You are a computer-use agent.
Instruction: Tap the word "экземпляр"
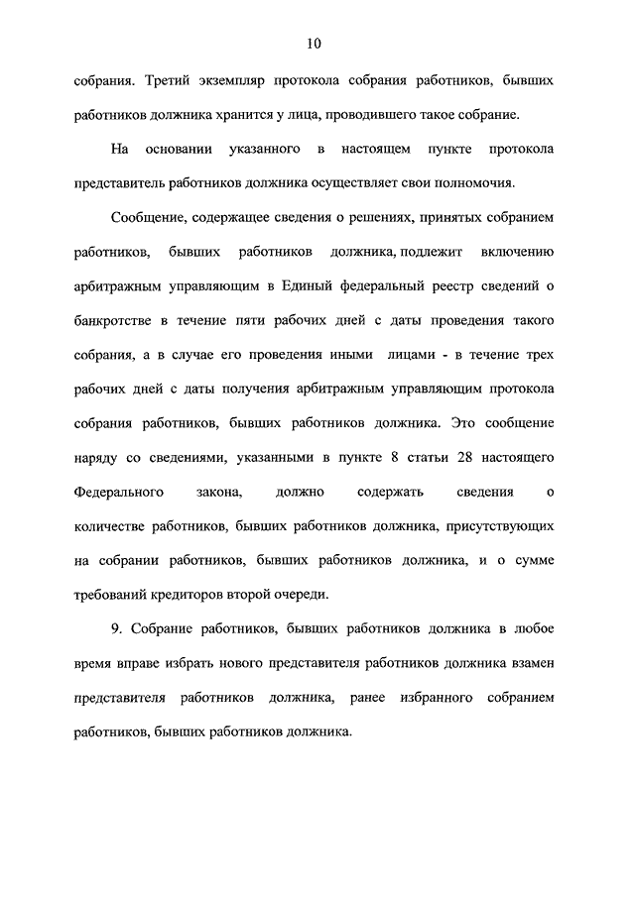(248, 80)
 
